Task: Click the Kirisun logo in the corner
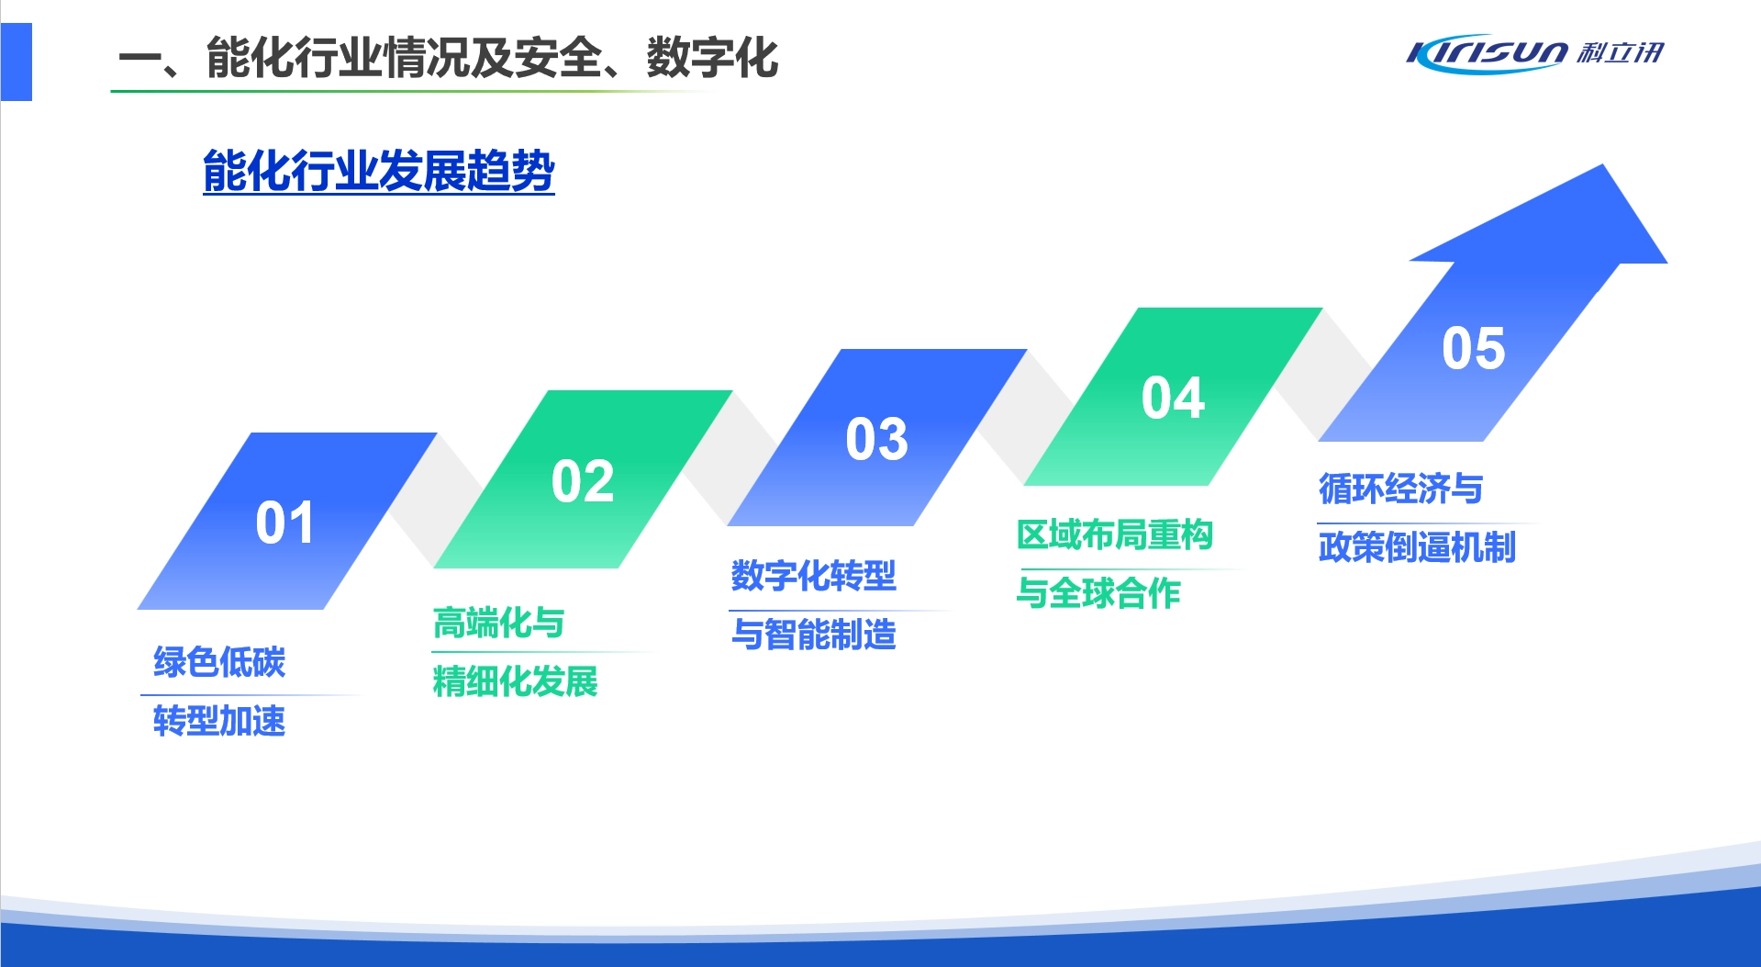pos(1534,53)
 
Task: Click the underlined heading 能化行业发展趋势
pos(379,172)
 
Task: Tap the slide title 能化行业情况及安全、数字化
pos(447,58)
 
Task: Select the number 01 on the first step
pos(284,523)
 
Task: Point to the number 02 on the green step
pos(583,481)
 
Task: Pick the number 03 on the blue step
pos(876,439)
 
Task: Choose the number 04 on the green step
pos(1173,398)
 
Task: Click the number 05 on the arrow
pos(1473,348)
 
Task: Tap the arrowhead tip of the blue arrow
pos(1603,165)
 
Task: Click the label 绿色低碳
pos(219,662)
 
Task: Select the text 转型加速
pos(219,721)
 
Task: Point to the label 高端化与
pos(498,623)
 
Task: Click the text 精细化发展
pos(515,681)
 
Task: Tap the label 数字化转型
pos(813,576)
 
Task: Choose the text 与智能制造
pos(813,635)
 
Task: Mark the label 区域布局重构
pos(1115,534)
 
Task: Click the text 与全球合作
pos(1098,593)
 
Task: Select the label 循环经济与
pos(1400,489)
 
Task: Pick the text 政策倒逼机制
pos(1417,547)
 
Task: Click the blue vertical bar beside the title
pos(17,62)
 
